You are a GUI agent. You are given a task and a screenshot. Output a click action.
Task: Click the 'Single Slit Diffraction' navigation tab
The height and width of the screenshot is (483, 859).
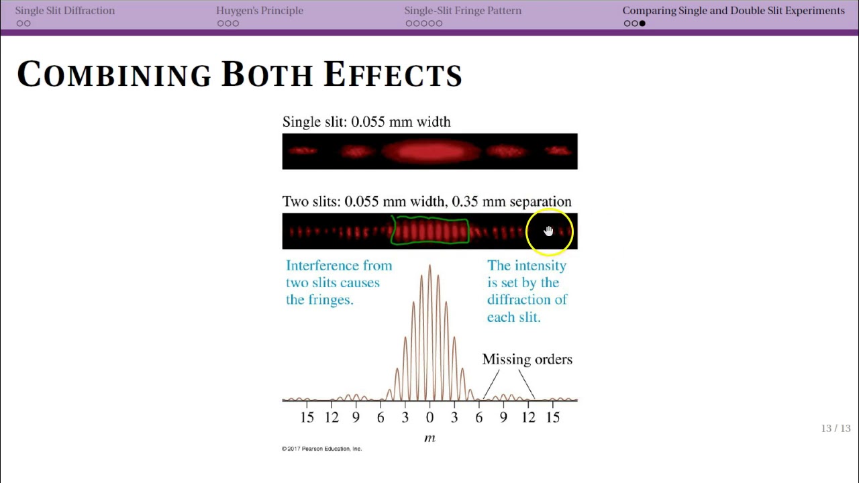click(65, 11)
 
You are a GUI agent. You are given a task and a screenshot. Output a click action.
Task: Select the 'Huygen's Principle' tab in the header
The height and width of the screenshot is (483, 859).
click(260, 11)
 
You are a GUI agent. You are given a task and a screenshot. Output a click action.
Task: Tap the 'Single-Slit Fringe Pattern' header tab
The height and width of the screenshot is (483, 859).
click(462, 11)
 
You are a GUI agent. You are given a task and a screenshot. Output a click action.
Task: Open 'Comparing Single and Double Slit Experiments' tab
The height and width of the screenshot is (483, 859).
click(734, 11)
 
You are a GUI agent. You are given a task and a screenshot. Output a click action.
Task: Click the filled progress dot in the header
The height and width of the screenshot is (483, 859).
click(642, 23)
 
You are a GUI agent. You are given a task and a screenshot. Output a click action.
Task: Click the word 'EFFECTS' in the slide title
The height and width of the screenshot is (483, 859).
click(393, 74)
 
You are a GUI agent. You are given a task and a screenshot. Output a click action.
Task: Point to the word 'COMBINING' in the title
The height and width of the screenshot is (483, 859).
click(114, 74)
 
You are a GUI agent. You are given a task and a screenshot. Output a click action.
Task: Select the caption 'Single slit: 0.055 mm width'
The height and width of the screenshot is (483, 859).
click(366, 122)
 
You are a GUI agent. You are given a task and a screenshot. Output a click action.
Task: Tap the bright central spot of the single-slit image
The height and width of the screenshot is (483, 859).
click(429, 152)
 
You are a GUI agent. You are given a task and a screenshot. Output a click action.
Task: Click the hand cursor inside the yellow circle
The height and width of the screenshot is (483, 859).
click(549, 231)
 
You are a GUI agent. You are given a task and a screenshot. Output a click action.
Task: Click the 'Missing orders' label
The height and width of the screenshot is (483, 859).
click(527, 360)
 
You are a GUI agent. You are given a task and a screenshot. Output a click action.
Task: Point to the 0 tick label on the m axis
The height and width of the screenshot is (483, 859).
click(429, 417)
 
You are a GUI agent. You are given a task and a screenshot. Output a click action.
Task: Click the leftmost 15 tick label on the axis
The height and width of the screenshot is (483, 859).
click(307, 417)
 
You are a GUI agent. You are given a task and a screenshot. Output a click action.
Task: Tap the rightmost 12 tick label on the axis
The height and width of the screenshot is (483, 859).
click(528, 417)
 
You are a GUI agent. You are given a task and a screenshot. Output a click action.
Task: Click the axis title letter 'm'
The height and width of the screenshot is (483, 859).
click(429, 438)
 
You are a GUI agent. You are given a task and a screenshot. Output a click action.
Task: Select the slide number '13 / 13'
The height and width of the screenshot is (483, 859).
click(836, 429)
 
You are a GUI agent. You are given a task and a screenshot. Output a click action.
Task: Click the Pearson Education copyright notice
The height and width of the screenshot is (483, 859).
click(321, 449)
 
